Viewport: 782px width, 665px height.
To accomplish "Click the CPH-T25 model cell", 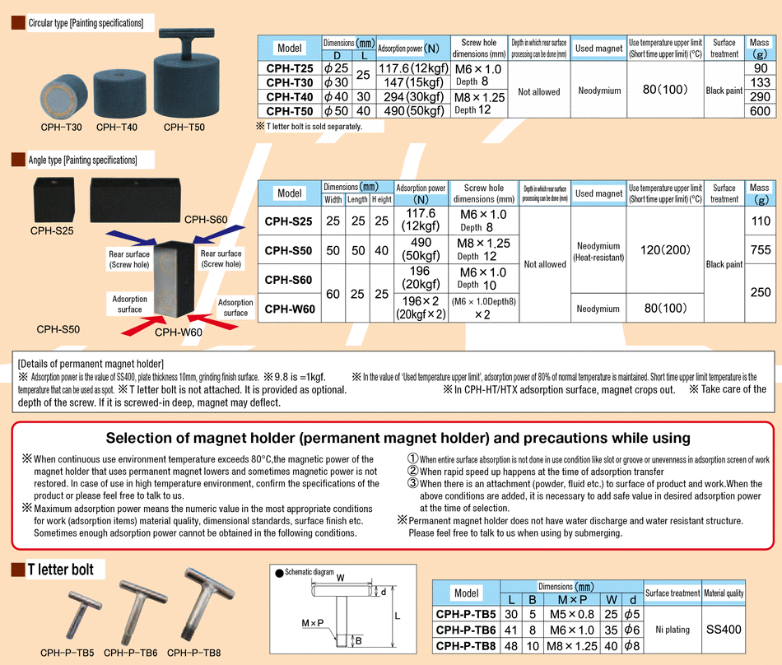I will click(290, 68).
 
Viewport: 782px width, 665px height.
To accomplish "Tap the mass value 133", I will click(760, 82).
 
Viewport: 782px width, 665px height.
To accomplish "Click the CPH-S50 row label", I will click(289, 249).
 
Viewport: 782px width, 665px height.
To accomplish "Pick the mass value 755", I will click(760, 249).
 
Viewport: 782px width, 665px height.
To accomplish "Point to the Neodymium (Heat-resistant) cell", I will click(598, 251).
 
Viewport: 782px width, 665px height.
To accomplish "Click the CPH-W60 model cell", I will click(289, 309).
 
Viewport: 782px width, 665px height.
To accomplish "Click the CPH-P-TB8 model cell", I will click(466, 645).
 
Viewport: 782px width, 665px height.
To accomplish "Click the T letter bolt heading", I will click(60, 570).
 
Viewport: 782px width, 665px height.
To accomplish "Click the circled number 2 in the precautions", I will click(412, 472).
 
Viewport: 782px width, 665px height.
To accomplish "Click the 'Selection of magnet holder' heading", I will click(398, 438).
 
